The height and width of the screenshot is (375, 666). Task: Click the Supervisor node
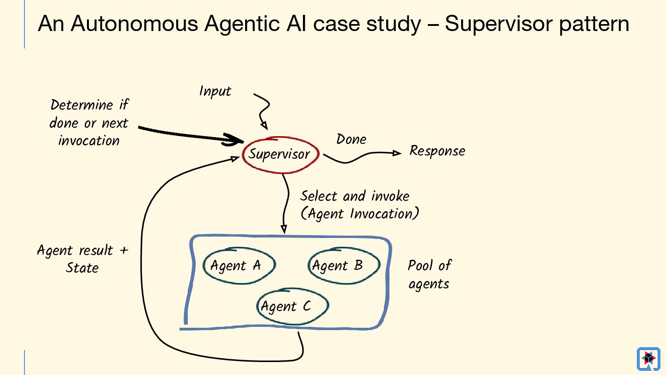(280, 155)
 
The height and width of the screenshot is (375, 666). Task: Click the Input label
(215, 91)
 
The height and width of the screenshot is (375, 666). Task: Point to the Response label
(437, 151)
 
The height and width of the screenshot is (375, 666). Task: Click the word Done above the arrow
(351, 139)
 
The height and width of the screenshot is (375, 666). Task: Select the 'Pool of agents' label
(429, 274)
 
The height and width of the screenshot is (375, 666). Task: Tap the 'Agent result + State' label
(82, 259)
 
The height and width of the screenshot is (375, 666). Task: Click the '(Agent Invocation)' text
(360, 214)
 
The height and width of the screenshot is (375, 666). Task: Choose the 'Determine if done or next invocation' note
(89, 123)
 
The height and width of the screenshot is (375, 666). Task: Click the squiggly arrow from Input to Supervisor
(263, 109)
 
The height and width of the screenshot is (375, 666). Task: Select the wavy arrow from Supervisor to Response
(358, 157)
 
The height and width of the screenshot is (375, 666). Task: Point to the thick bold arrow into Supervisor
(190, 134)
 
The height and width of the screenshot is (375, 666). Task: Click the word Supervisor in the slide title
(498, 24)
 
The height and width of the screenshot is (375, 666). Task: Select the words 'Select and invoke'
(355, 196)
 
